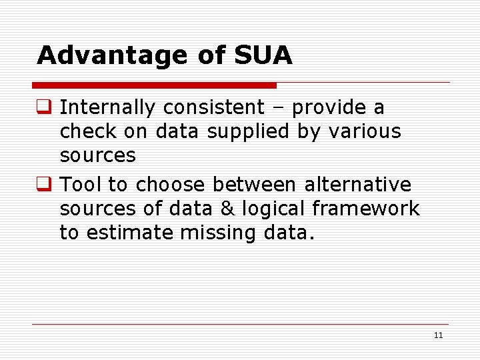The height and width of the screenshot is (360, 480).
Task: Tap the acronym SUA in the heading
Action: (263, 56)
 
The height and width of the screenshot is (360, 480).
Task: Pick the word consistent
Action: (213, 107)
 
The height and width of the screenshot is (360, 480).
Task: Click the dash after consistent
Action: (279, 108)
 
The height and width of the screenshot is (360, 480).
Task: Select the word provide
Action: (327, 107)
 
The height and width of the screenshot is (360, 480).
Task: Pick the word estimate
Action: (139, 233)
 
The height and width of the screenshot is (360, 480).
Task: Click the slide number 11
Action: (438, 335)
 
